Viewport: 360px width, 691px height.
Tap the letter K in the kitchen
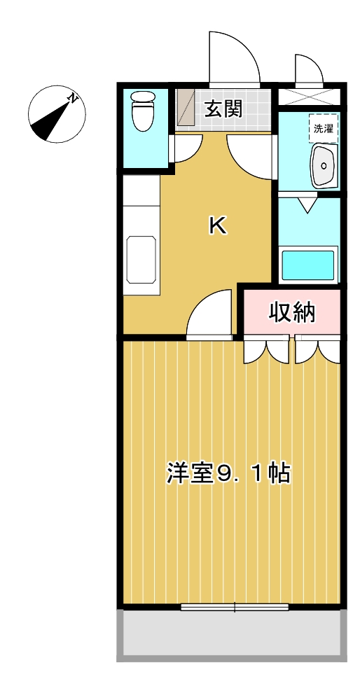(218, 225)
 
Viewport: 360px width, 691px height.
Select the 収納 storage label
(293, 313)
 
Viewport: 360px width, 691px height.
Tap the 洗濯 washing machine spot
(324, 128)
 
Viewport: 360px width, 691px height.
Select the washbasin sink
(324, 165)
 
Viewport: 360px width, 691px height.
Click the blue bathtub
(308, 266)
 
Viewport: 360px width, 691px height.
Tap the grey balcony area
(232, 634)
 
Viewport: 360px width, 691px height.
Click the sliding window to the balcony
(234, 607)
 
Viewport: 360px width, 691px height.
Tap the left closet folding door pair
(265, 349)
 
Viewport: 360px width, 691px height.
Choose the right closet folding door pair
(317, 349)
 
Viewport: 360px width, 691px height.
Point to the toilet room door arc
(186, 148)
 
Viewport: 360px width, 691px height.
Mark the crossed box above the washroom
(309, 96)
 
